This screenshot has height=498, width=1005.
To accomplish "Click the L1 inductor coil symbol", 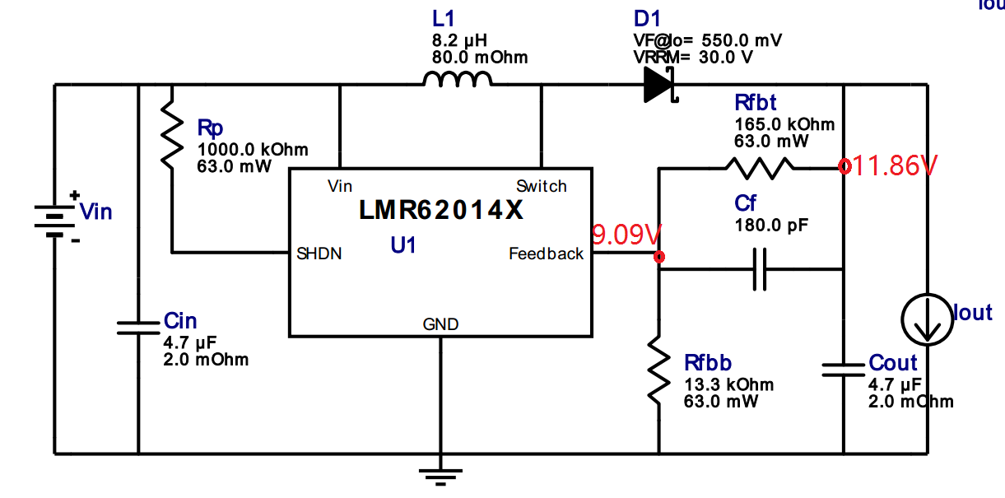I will tap(458, 79).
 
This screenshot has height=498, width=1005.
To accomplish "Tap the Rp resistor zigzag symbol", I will tap(170, 133).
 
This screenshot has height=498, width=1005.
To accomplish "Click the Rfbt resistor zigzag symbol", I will tap(759, 169).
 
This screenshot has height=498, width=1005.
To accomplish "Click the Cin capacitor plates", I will tap(137, 327).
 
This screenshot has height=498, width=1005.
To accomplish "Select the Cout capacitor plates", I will tap(844, 370).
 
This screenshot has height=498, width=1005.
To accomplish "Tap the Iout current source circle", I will tap(927, 320).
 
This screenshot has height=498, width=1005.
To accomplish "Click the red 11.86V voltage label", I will tap(894, 166).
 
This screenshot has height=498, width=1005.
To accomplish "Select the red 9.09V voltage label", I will tap(627, 236).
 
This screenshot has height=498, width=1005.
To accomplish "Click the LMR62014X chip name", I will tap(441, 211).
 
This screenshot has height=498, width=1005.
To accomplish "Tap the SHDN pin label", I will tap(319, 254).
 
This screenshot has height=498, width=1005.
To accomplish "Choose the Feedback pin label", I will tap(546, 254).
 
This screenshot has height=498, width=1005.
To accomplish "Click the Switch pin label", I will tap(541, 186).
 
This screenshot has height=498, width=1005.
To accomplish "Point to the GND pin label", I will tap(440, 324).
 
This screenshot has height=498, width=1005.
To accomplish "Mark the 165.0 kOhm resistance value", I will tap(784, 124).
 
